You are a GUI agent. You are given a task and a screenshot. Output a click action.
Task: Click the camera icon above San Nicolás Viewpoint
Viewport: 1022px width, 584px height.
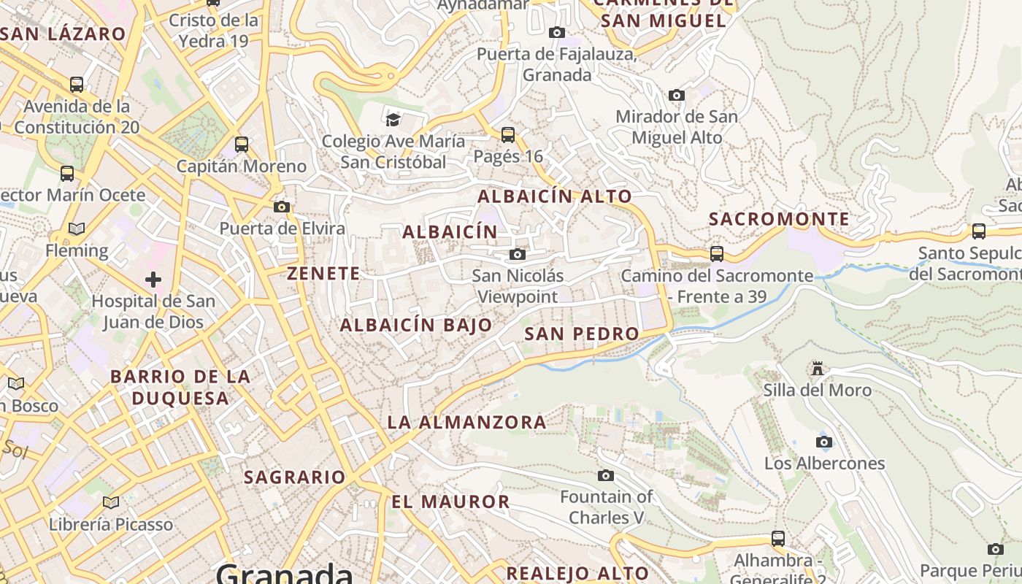518,254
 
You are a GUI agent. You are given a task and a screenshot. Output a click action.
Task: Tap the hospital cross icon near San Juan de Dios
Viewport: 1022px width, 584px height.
153,280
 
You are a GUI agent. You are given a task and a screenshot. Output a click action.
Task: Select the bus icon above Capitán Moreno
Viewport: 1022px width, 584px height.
242,145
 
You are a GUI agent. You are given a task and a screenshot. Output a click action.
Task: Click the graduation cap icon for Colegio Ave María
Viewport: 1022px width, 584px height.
393,119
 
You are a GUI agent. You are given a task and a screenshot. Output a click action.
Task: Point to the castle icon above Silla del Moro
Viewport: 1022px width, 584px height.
818,369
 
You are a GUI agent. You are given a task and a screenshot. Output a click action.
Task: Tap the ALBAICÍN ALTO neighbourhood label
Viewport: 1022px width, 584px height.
555,196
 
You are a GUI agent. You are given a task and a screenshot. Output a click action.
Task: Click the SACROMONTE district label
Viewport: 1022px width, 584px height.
779,219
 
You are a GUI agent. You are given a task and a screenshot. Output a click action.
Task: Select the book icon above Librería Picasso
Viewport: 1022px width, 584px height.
111,502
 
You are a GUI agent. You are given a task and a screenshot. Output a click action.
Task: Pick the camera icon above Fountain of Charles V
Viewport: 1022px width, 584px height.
606,475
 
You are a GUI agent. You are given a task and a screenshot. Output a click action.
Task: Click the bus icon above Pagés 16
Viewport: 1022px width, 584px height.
508,135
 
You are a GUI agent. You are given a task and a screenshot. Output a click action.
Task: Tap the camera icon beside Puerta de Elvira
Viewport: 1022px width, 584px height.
282,207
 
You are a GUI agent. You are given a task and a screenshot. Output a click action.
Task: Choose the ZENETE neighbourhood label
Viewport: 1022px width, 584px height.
323,274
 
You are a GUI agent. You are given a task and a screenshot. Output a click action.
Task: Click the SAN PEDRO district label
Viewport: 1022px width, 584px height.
582,334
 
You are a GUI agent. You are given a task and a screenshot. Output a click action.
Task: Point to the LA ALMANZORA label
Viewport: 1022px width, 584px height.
466,422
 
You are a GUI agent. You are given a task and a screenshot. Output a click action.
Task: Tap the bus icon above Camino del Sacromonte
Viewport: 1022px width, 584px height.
717,254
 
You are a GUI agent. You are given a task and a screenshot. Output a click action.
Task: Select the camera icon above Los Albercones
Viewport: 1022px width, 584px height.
824,442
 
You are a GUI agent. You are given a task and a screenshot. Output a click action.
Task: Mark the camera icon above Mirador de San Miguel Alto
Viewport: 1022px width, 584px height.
677,95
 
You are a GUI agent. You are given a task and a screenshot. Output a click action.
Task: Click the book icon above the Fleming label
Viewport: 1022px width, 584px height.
77,228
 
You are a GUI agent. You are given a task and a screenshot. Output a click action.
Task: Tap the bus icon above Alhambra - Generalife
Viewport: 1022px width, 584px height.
778,539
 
